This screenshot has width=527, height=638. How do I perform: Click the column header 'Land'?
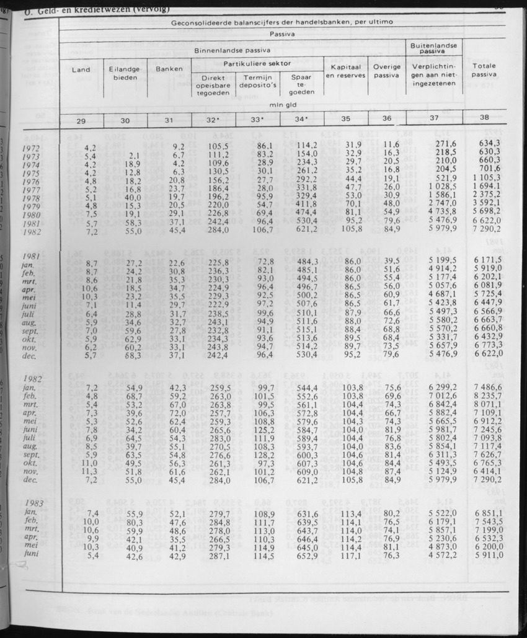tap(81, 69)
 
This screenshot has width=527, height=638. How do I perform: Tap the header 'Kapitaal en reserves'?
tap(346, 71)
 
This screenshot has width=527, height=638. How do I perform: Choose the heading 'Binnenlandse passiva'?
tap(232, 50)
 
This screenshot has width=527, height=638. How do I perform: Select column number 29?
tap(81, 120)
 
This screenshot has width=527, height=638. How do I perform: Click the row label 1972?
tap(31, 148)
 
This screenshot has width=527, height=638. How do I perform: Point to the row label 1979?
tap(31, 206)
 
